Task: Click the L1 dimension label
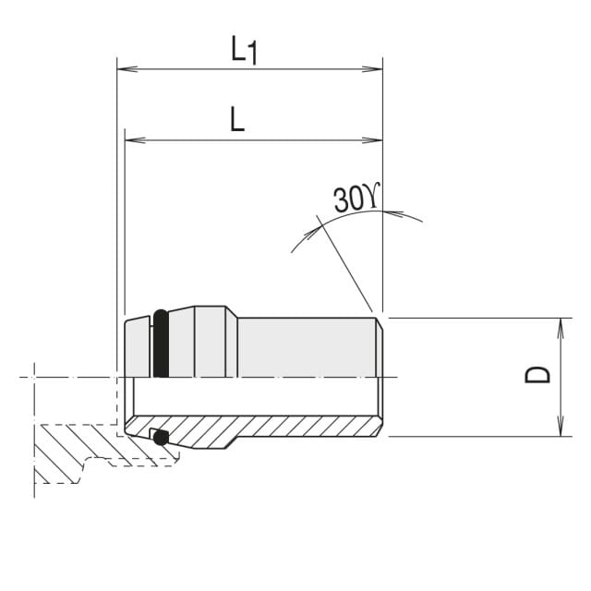tap(244, 50)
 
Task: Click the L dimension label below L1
tap(237, 119)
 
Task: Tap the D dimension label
tap(537, 376)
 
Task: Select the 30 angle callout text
tap(356, 198)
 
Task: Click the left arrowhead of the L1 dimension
tap(127, 69)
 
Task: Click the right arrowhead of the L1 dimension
tap(372, 69)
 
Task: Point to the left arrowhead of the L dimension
tap(135, 140)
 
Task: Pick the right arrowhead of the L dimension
tap(372, 140)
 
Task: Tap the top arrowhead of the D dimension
tap(561, 328)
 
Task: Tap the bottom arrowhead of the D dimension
tap(561, 427)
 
